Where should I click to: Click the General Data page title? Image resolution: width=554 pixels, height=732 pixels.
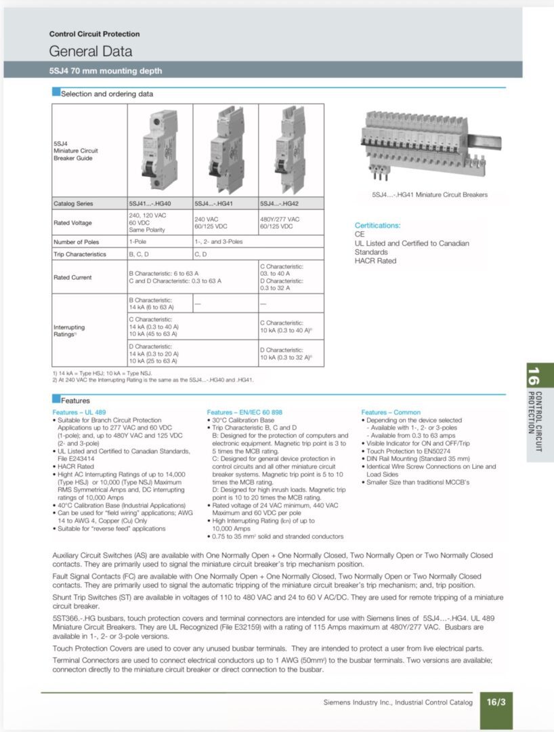point(90,51)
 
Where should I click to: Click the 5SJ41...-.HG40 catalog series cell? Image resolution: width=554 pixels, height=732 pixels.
point(150,203)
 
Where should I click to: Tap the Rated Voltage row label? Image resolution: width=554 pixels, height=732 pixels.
point(72,222)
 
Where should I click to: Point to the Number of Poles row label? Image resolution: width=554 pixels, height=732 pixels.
point(76,242)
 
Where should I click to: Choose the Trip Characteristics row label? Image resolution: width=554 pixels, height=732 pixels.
point(80,254)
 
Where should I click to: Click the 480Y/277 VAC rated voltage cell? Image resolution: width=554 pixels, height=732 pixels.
point(280,219)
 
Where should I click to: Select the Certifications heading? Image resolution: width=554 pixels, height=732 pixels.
point(377,226)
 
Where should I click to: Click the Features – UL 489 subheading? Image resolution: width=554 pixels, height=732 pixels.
point(79,412)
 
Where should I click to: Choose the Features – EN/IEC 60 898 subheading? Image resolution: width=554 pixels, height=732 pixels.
point(244,412)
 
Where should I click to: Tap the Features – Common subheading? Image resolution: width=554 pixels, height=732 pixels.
point(391,412)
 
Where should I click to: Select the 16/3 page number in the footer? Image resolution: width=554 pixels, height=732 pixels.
point(496,702)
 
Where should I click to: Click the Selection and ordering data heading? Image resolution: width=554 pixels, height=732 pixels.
point(107,94)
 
